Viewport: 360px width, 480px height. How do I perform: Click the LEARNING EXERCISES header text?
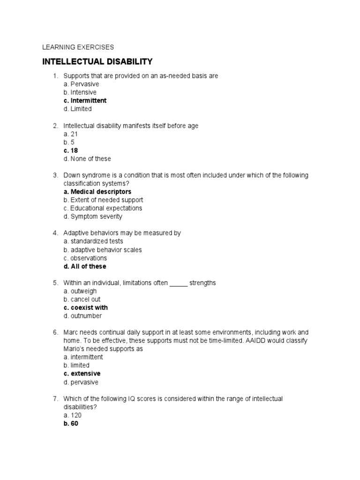pos(78,47)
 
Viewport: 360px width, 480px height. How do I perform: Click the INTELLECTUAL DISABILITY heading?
pos(97,61)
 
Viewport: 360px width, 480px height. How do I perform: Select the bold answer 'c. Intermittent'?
pos(85,100)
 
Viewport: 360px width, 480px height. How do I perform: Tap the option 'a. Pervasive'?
pos(81,84)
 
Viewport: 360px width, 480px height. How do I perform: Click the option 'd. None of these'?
pos(87,159)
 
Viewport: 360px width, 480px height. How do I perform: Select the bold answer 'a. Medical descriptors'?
pos(97,192)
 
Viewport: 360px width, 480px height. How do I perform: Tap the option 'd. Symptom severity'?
pos(93,217)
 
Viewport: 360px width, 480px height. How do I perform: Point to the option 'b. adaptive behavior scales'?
pos(102,250)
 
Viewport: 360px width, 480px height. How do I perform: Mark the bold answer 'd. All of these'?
pos(84,266)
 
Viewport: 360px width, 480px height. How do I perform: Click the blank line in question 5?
pos(178,283)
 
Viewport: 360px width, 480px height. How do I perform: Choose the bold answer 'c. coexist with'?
pos(85,307)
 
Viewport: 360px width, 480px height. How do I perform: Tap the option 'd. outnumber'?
pos(82,316)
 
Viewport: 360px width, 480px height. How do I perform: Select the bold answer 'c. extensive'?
pos(82,374)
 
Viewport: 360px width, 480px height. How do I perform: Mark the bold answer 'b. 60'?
pos(71,424)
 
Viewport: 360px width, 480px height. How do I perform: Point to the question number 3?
pos(55,175)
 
